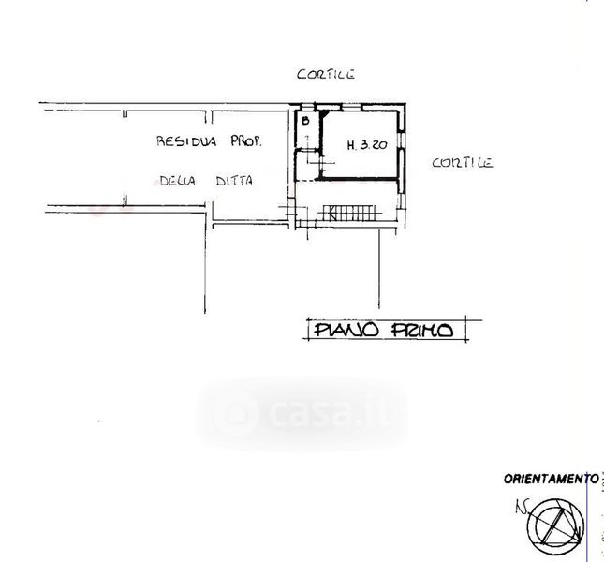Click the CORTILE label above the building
coord(326,74)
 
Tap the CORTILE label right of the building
coord(463,163)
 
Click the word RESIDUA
coord(186,141)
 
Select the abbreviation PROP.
coord(246,141)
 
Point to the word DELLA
coord(178,181)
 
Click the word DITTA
coord(234,180)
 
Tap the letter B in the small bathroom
coord(305,121)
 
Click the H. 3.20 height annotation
coord(367,145)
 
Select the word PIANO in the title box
coord(346,330)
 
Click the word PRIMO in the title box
coord(422,330)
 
